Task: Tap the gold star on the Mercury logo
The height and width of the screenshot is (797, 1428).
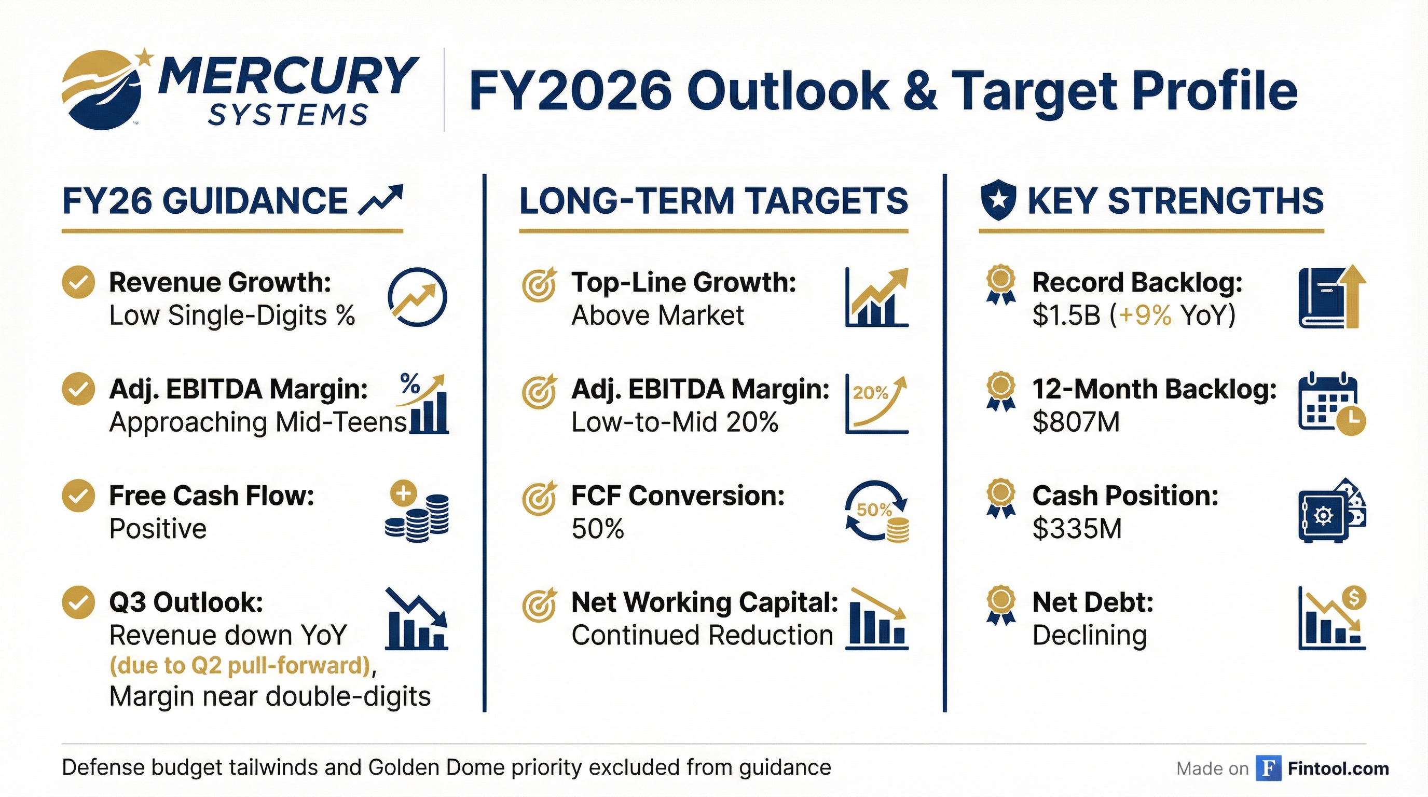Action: point(145,57)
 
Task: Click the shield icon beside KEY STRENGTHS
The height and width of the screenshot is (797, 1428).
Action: point(998,201)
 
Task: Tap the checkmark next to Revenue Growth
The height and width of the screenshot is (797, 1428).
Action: point(78,283)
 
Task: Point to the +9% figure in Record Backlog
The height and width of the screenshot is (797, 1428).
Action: point(1145,315)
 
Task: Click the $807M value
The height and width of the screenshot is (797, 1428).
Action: point(1076,422)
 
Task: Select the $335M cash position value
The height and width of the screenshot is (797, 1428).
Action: point(1077,529)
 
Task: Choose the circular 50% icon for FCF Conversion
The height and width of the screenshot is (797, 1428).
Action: point(876,511)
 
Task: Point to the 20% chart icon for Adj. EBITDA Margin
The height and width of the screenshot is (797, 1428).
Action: point(876,404)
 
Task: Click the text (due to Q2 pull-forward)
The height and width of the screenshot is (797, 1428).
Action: point(240,665)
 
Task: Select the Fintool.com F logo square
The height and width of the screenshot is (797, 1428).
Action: point(1268,768)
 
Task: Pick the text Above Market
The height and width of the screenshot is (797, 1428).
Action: point(657,315)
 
